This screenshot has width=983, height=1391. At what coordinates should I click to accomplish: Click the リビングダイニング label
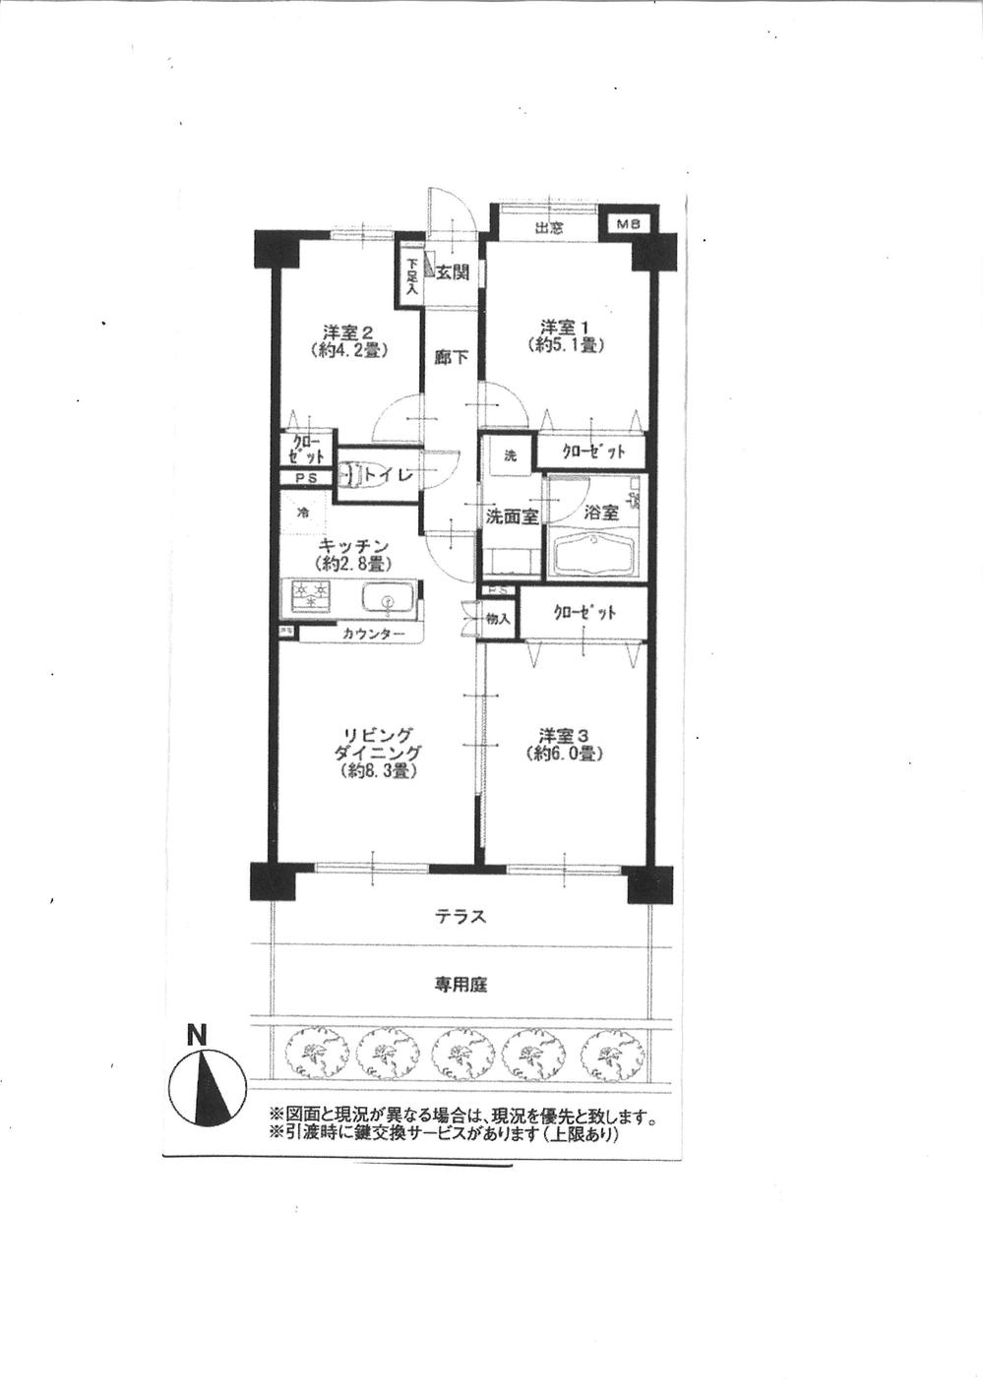(382, 753)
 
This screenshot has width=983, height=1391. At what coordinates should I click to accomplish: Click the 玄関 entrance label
(452, 272)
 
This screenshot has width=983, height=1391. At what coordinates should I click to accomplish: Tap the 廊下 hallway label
(451, 358)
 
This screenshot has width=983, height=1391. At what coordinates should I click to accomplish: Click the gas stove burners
(310, 595)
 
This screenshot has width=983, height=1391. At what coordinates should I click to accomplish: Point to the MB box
(628, 224)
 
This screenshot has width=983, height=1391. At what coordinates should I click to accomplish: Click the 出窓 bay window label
(548, 227)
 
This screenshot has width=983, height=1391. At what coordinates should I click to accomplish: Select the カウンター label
(373, 635)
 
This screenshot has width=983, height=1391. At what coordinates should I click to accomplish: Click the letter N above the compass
(198, 1035)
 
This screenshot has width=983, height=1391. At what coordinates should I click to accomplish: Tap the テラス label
(461, 917)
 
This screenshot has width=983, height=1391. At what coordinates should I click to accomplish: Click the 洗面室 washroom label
(511, 515)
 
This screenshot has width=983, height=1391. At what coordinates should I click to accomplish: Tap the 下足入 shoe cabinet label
(411, 276)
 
